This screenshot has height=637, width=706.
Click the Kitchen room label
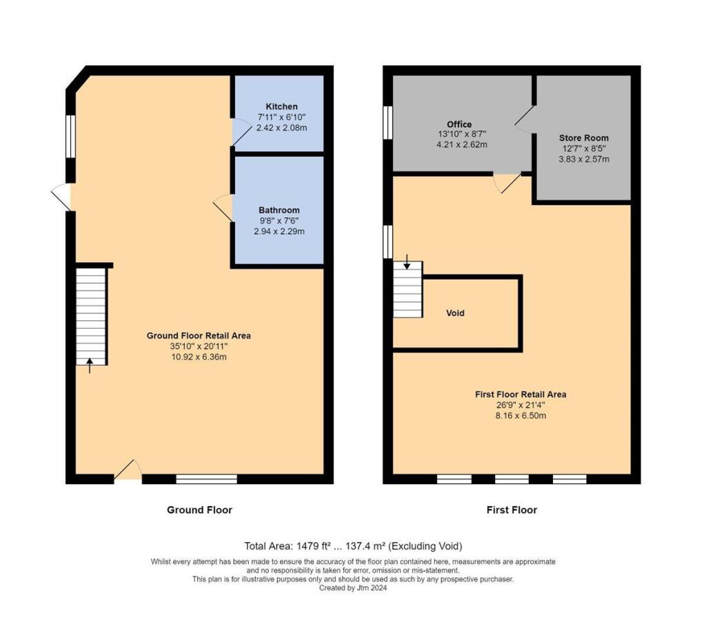pyautogui.click(x=281, y=107)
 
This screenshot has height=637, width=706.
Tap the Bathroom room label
pyautogui.click(x=279, y=210)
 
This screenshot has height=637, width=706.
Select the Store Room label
pyautogui.click(x=584, y=138)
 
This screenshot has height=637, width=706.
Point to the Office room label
pyautogui.click(x=459, y=124)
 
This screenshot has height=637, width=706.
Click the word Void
pyautogui.click(x=455, y=313)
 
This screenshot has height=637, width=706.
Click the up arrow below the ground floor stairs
pyautogui.click(x=90, y=365)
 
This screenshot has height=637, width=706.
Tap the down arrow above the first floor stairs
pyautogui.click(x=407, y=262)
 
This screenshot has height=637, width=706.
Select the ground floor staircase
pyautogui.click(x=90, y=316)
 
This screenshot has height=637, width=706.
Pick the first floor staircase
pyautogui.click(x=408, y=289)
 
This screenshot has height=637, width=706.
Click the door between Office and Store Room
pyautogui.click(x=525, y=119)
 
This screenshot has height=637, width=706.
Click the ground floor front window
pyautogui.click(x=207, y=479)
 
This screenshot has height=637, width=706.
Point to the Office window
pyautogui.click(x=387, y=123)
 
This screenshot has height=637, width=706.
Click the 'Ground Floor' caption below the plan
pyautogui.click(x=199, y=510)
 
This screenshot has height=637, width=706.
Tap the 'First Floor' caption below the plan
pyautogui.click(x=512, y=510)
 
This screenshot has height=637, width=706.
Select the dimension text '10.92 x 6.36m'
pyautogui.click(x=199, y=357)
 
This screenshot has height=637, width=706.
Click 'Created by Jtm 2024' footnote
pyautogui.click(x=353, y=588)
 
